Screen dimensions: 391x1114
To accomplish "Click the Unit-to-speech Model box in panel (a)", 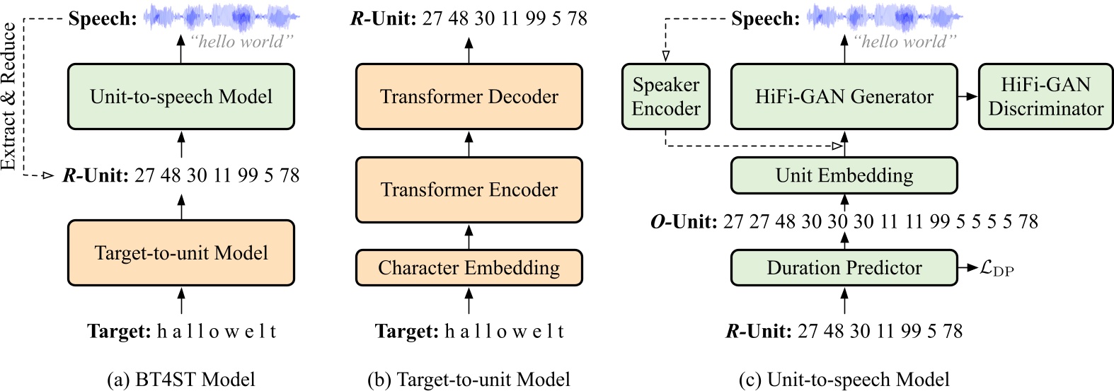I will pyautogui.click(x=181, y=97).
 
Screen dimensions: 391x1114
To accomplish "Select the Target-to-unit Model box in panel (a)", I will pyautogui.click(x=181, y=253).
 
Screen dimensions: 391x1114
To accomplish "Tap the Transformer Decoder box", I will pyautogui.click(x=469, y=97).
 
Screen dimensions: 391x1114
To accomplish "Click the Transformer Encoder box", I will pyautogui.click(x=469, y=189).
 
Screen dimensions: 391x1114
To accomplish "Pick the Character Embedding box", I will pyautogui.click(x=469, y=268).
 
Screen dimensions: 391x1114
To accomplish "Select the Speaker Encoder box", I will pyautogui.click(x=665, y=97).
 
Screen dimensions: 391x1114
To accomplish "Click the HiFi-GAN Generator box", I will pyautogui.click(x=844, y=97).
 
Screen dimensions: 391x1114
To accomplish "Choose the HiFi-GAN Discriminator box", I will pyautogui.click(x=1045, y=97).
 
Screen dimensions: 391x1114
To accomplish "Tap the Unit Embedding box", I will pyautogui.click(x=844, y=175).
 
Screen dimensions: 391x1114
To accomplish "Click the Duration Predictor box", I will pyautogui.click(x=844, y=268).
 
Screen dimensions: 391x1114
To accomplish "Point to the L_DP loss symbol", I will pyautogui.click(x=997, y=269).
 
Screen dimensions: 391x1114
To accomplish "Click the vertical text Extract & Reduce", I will pyautogui.click(x=8, y=97).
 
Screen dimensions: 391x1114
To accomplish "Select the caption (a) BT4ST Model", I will pyautogui.click(x=181, y=380).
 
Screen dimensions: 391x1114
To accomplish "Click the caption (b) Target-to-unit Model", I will pyautogui.click(x=469, y=380).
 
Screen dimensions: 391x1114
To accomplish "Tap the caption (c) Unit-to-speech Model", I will pyautogui.click(x=844, y=380).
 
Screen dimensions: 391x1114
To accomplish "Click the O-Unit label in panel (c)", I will pyautogui.click(x=684, y=222).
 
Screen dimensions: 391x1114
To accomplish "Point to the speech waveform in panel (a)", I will pyautogui.click(x=222, y=16).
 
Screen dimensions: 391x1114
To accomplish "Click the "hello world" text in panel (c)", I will pyautogui.click(x=904, y=42).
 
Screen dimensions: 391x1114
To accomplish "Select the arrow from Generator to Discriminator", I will pyautogui.click(x=967, y=97).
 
